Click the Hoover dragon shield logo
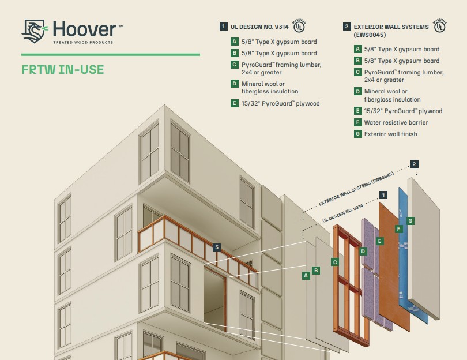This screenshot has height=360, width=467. [35, 31]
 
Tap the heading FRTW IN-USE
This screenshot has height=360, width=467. [63, 70]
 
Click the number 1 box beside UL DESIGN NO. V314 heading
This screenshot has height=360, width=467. [224, 27]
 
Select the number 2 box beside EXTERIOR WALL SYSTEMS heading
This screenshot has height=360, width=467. [347, 27]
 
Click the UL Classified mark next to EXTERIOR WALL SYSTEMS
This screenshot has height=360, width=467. [439, 26]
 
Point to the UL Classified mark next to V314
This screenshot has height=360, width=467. [299, 26]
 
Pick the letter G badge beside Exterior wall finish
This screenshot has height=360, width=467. [357, 134]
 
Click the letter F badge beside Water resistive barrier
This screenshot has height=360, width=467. [357, 122]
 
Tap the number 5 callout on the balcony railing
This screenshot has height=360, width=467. [217, 247]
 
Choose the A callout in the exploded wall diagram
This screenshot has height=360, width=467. [306, 276]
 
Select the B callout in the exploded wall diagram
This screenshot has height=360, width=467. [316, 271]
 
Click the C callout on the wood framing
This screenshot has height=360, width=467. [335, 262]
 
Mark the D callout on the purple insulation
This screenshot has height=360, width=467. [363, 251]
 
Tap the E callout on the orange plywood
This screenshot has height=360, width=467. [379, 241]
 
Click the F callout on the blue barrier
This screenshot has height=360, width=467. [399, 229]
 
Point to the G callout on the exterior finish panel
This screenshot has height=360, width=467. [410, 221]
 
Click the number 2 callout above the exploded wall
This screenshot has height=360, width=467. [415, 164]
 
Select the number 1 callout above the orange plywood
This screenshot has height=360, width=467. [383, 195]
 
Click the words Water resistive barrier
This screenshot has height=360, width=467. [396, 122]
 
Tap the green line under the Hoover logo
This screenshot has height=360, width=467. [111, 55]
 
